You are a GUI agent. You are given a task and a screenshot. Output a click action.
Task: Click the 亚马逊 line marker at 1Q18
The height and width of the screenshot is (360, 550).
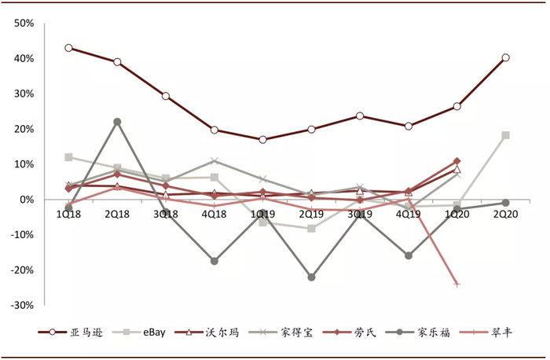(68, 48)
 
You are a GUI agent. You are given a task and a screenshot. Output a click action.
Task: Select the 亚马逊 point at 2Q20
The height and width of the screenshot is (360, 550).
(505, 57)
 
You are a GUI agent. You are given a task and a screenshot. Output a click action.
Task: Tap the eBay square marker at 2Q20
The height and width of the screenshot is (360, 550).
(505, 135)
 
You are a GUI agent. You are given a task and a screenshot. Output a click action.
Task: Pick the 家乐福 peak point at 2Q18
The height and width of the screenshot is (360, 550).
(117, 122)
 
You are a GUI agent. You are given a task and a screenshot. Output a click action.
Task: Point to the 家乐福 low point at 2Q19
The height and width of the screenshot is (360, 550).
(311, 277)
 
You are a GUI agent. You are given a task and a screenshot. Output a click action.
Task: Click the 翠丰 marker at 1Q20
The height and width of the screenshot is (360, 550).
(456, 284)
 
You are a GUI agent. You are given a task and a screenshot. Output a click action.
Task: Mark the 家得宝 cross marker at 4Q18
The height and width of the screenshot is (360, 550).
(214, 161)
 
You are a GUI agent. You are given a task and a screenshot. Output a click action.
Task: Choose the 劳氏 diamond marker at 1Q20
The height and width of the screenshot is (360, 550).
(456, 161)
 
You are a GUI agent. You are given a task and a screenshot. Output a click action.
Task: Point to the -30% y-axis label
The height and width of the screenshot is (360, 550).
(21, 305)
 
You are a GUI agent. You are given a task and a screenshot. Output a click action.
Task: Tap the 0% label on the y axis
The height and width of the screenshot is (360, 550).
(27, 200)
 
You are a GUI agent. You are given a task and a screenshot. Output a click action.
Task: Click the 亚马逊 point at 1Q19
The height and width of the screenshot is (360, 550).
(262, 140)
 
